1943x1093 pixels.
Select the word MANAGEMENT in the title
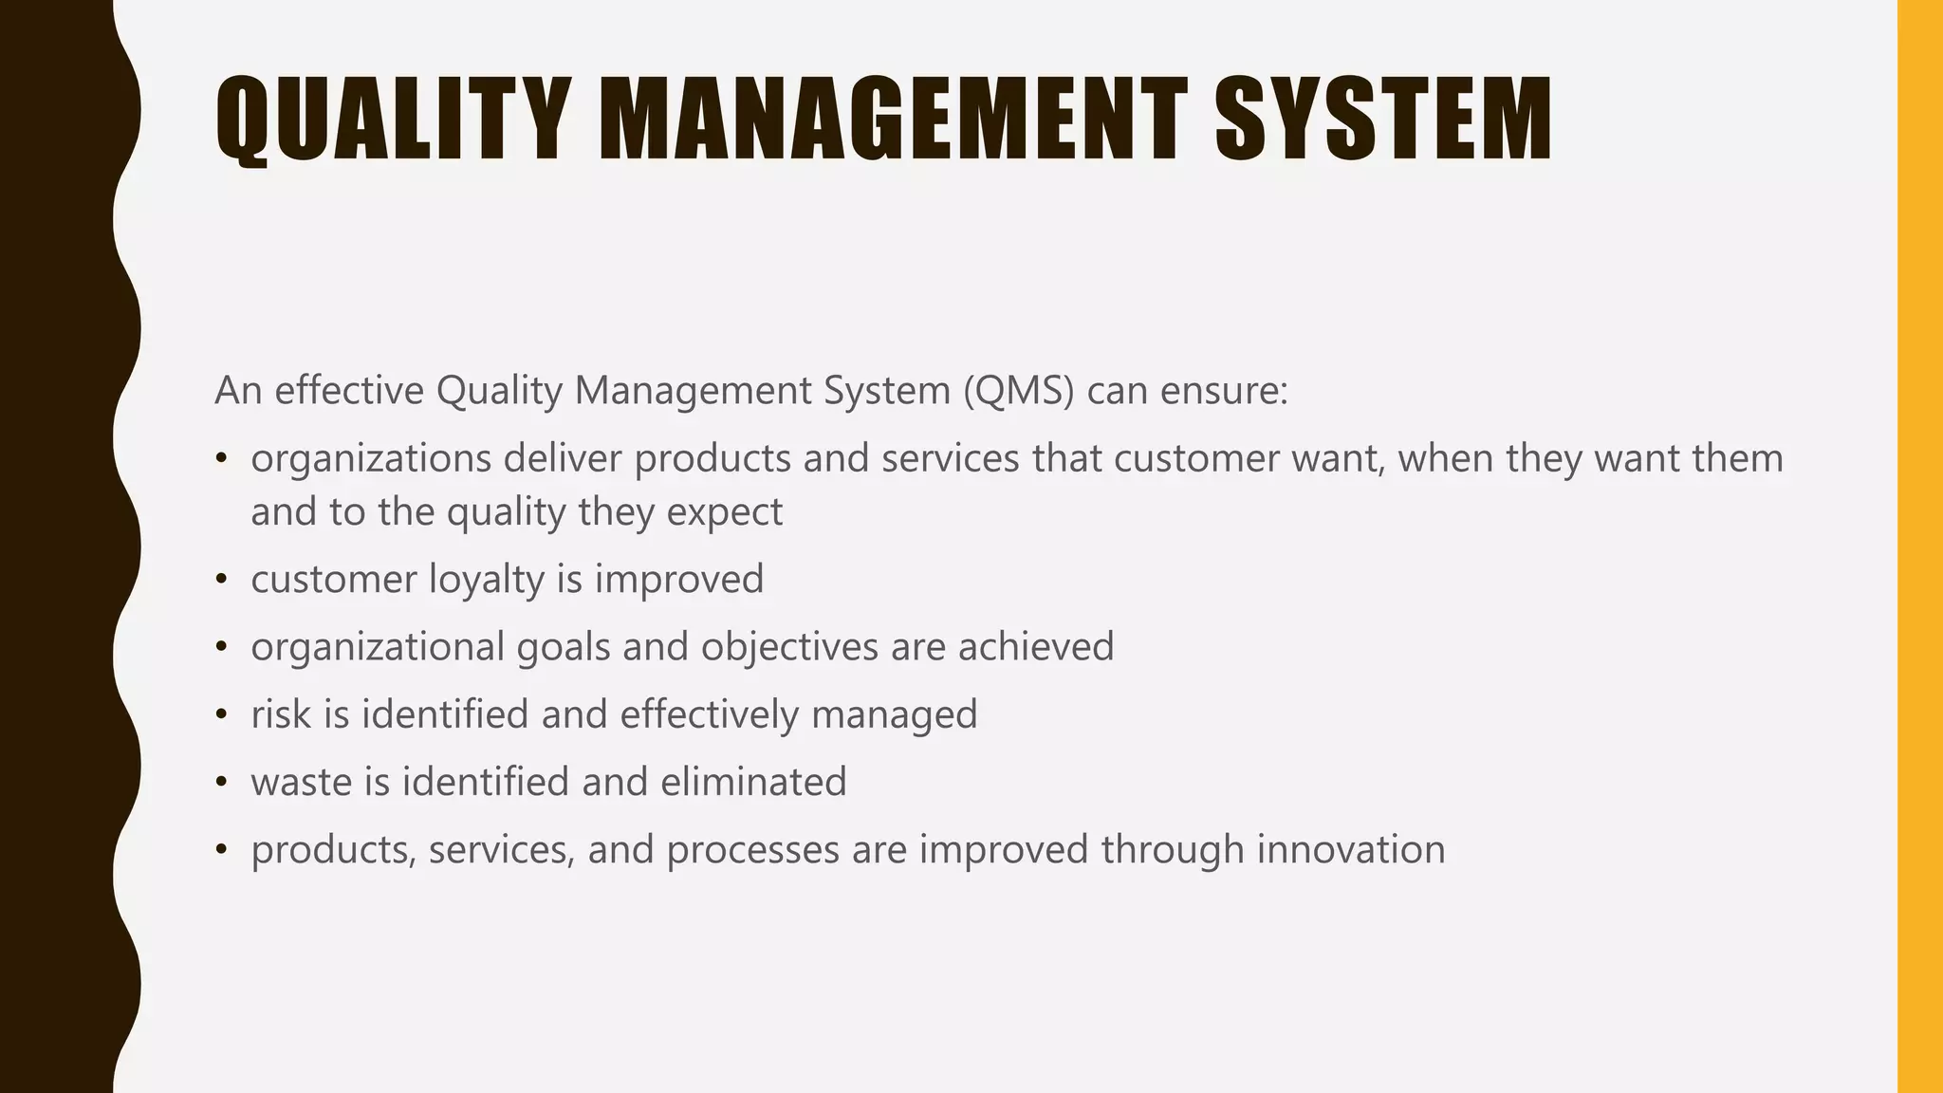pyautogui.click(x=893, y=120)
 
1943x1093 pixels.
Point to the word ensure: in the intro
pyautogui.click(x=1225, y=391)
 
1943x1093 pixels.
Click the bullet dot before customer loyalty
pyautogui.click(x=221, y=580)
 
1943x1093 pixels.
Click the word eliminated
pyautogui.click(x=753, y=782)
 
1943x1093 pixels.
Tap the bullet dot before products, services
pyautogui.click(x=221, y=850)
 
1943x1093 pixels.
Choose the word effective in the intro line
pyautogui.click(x=349, y=391)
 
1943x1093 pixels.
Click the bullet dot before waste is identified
pyautogui.click(x=221, y=783)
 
